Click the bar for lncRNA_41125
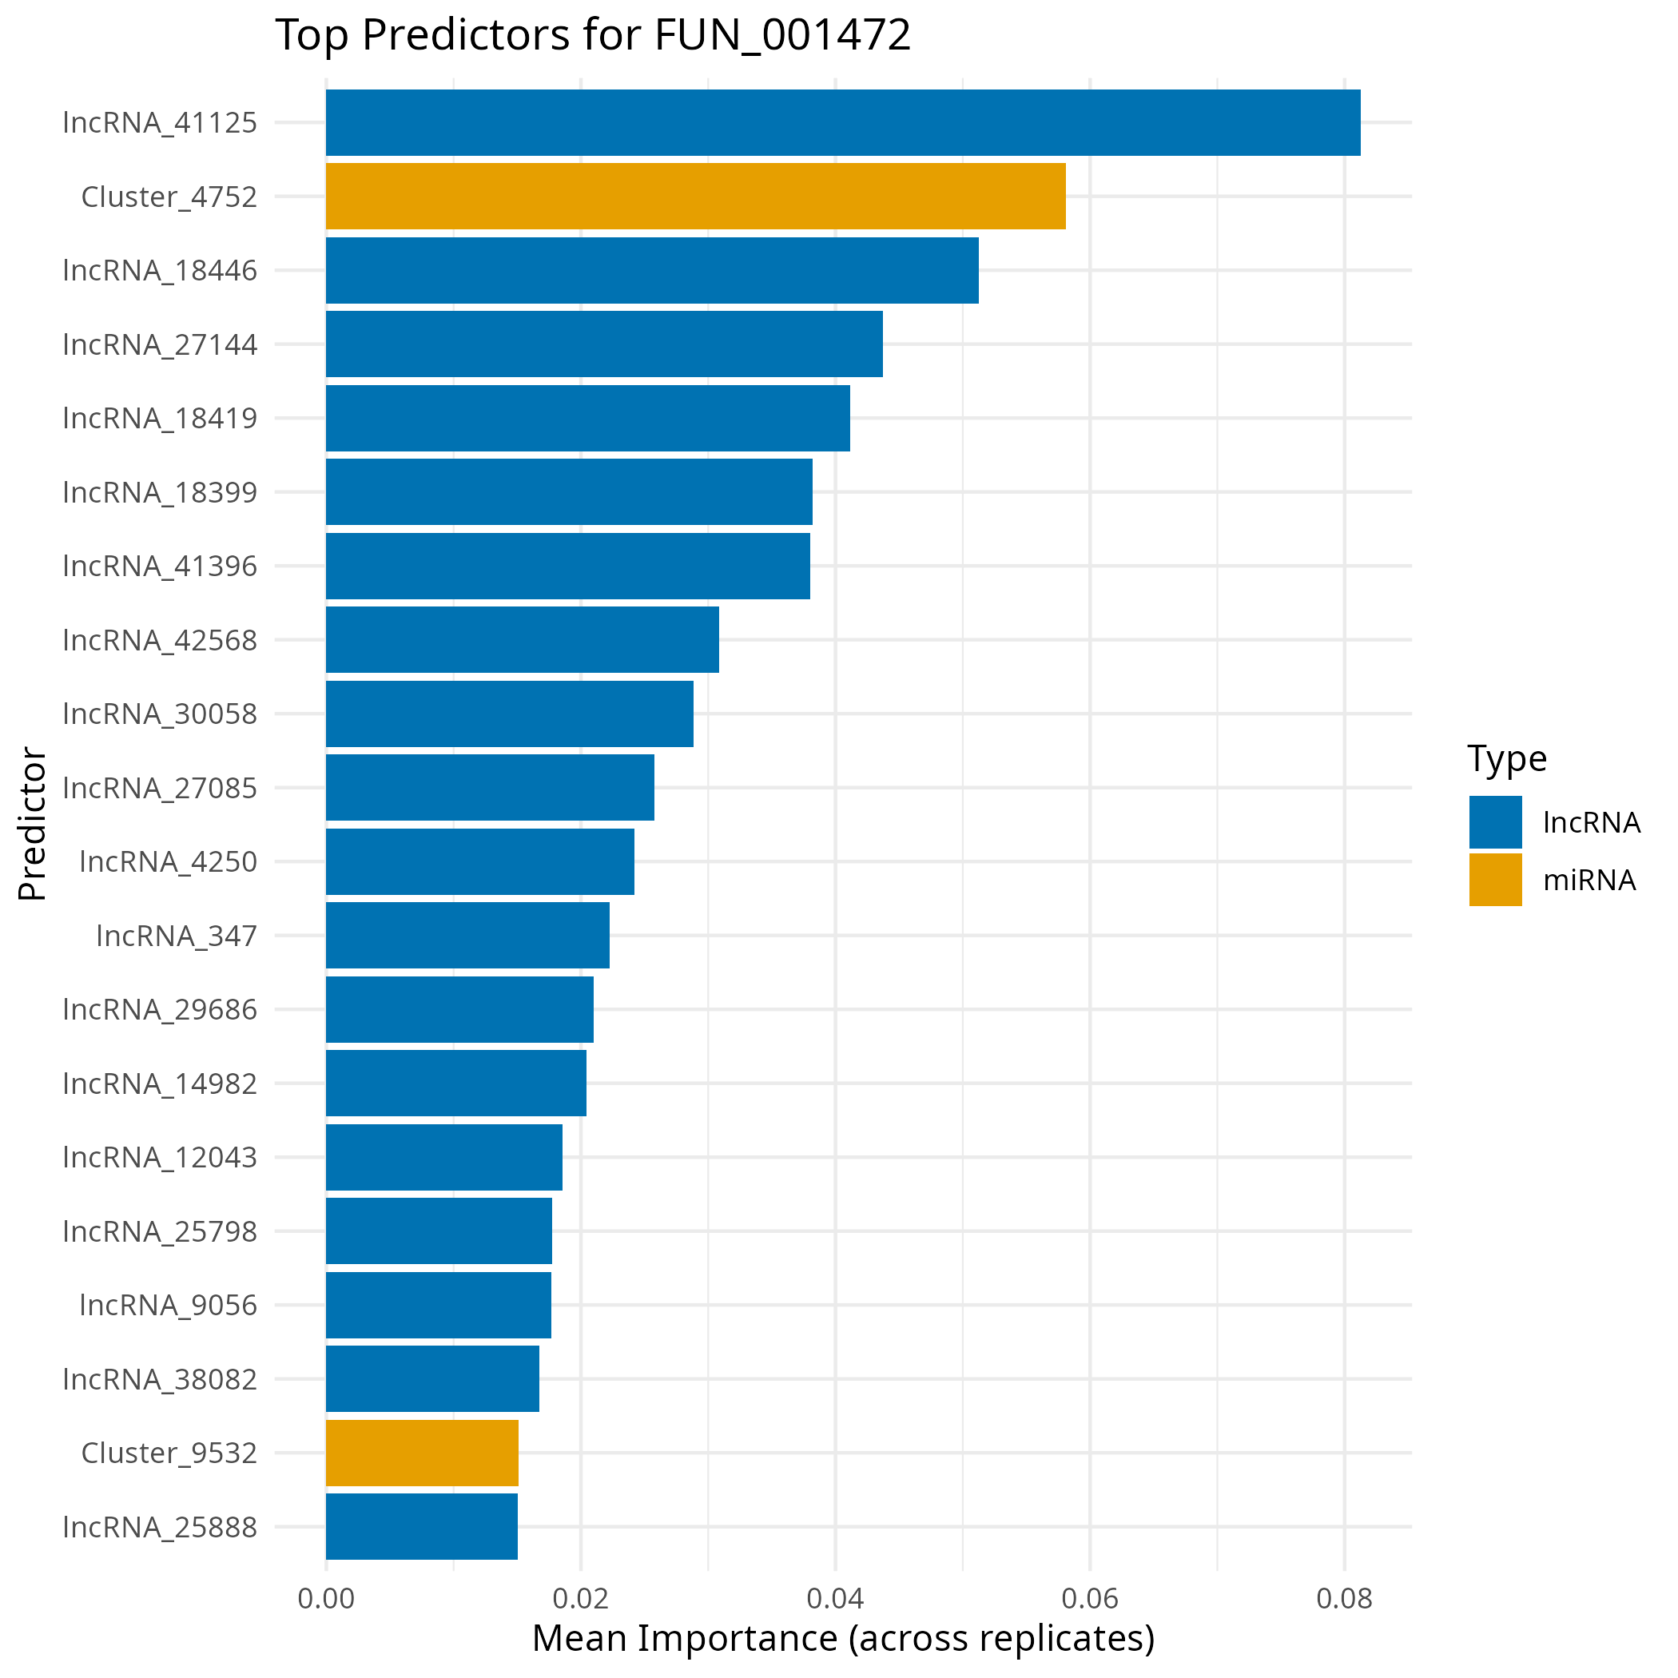842,122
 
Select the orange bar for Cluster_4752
695,197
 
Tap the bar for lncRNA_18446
651,270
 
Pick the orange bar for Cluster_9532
422,1452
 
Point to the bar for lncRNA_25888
421,1526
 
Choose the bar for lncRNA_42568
522,639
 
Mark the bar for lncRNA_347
467,936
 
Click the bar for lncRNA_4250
479,861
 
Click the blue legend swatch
1495,821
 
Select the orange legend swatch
1495,879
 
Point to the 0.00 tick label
326,1599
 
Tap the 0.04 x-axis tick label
835,1599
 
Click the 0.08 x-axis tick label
1344,1599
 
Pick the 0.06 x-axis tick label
1089,1599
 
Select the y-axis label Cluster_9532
169,1453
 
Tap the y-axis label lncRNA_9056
168,1306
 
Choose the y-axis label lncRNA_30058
160,714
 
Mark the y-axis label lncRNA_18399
160,492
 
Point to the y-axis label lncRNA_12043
160,1158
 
